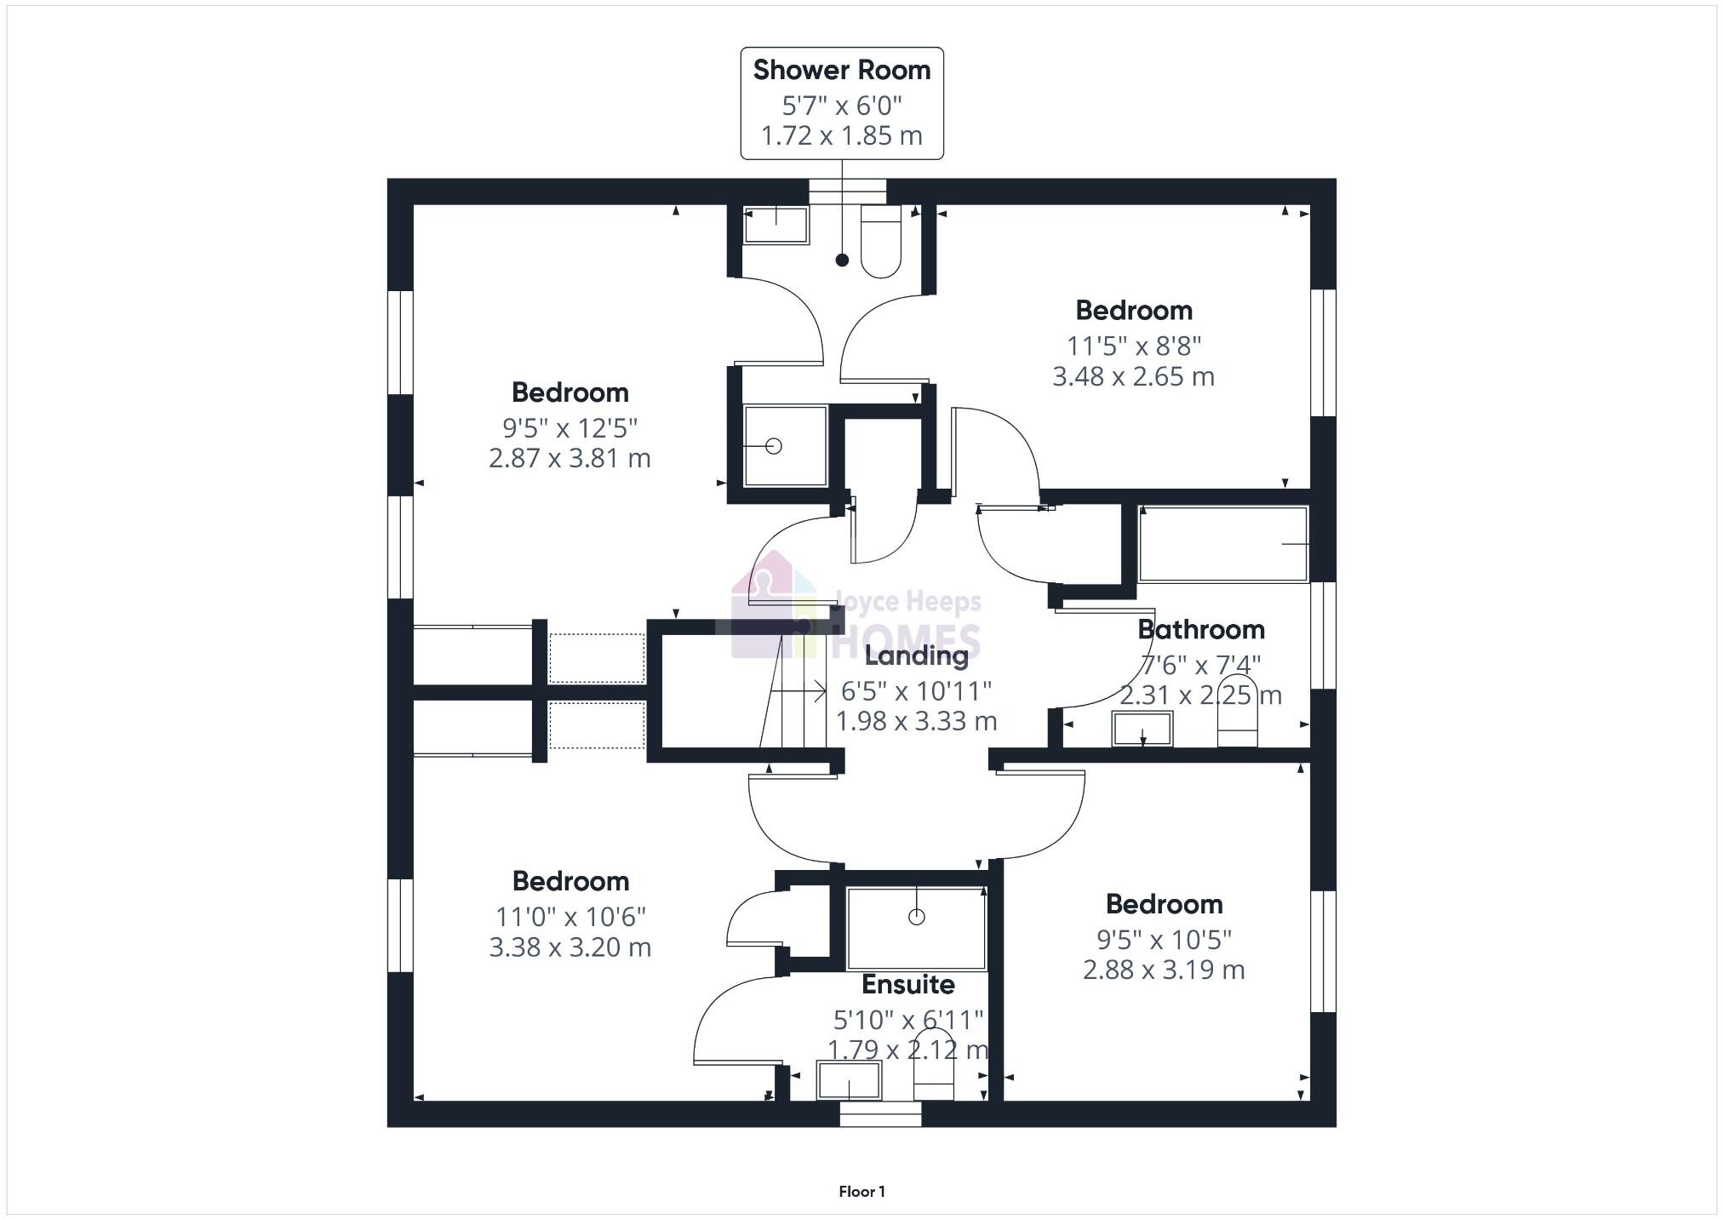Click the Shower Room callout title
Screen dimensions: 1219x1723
coord(841,71)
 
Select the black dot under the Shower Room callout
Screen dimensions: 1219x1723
coord(842,260)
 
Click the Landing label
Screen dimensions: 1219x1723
coord(916,656)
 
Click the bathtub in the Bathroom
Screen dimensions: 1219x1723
coord(1222,545)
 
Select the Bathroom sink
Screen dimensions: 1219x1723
coord(1142,730)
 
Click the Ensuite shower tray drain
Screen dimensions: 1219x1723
coord(916,917)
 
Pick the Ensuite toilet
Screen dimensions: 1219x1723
coord(933,1077)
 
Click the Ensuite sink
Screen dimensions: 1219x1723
coord(849,1080)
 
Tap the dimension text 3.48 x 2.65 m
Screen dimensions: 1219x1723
coord(1133,377)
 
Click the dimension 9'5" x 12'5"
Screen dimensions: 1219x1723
coord(570,427)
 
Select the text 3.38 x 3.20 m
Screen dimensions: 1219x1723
coord(570,947)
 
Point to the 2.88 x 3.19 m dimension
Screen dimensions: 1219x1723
coord(1164,970)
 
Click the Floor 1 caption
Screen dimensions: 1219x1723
coord(861,1192)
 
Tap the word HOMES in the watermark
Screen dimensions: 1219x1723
coord(907,641)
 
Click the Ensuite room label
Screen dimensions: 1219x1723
coord(907,985)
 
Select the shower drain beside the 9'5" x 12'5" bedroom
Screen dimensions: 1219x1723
coord(773,445)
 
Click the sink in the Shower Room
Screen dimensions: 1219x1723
coord(776,226)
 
